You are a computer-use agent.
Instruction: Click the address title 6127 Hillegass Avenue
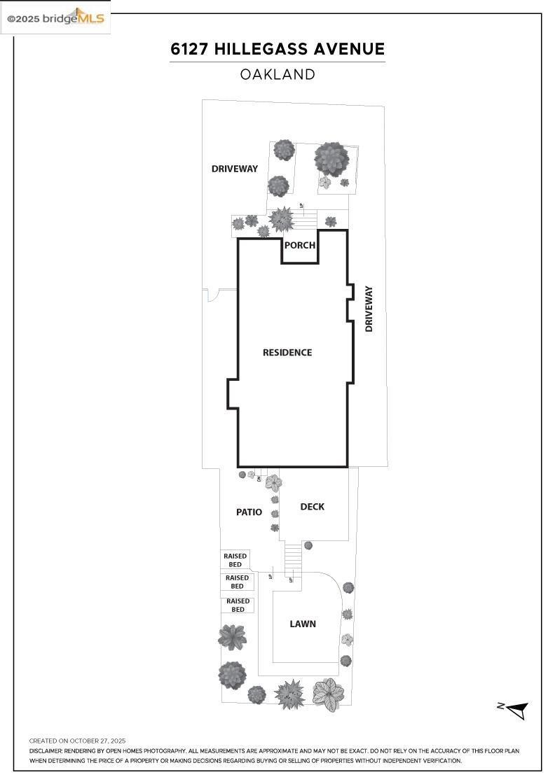coord(277,49)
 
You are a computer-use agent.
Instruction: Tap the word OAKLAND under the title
coord(277,74)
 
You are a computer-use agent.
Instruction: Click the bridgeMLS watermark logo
coord(55,18)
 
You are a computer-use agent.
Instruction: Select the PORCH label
coord(299,246)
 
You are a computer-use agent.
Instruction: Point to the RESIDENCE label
coord(287,352)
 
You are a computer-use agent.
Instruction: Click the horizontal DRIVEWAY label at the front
coord(235,169)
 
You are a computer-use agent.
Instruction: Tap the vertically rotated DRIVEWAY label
coord(369,309)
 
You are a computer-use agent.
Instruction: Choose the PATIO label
coord(249,512)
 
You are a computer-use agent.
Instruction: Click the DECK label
coord(312,507)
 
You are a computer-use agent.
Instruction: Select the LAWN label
coord(303,624)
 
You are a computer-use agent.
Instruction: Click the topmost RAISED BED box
coord(235,560)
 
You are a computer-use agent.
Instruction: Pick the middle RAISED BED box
coord(237,582)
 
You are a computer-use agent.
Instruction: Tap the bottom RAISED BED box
coord(238,605)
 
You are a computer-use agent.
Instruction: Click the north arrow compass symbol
coord(516,710)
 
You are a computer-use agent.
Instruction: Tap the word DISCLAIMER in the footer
coord(46,750)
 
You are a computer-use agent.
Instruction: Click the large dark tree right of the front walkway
coord(331,159)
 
